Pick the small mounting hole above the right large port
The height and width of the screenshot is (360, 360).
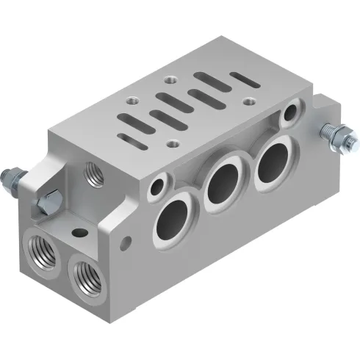point(293,112)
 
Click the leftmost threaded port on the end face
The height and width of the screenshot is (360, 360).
point(38,245)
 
